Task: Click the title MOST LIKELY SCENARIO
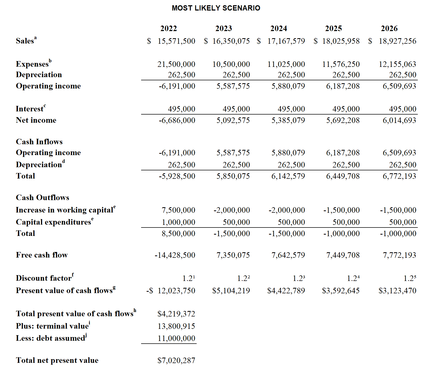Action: coord(216,8)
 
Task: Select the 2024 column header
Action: coord(279,28)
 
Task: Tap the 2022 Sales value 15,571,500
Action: coord(176,41)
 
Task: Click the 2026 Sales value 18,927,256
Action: coord(398,41)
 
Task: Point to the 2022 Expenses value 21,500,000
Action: coord(176,64)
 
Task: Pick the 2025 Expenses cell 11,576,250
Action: coord(341,64)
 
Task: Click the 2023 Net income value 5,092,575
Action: coord(233,120)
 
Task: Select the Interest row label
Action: coord(29,109)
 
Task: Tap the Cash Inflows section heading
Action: coord(39,142)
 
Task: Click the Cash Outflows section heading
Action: coord(42,197)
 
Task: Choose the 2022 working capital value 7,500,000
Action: coord(178,210)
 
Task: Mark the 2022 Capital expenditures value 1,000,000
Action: coord(178,222)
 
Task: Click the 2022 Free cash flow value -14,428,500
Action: coord(175,255)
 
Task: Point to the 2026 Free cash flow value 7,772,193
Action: coord(399,255)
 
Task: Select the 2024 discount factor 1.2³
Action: coord(299,278)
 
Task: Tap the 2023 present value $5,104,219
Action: coord(231,291)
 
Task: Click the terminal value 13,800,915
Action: coord(176,326)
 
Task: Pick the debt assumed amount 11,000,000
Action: coord(176,338)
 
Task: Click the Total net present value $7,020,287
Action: coord(176,360)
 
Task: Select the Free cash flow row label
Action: coord(42,255)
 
